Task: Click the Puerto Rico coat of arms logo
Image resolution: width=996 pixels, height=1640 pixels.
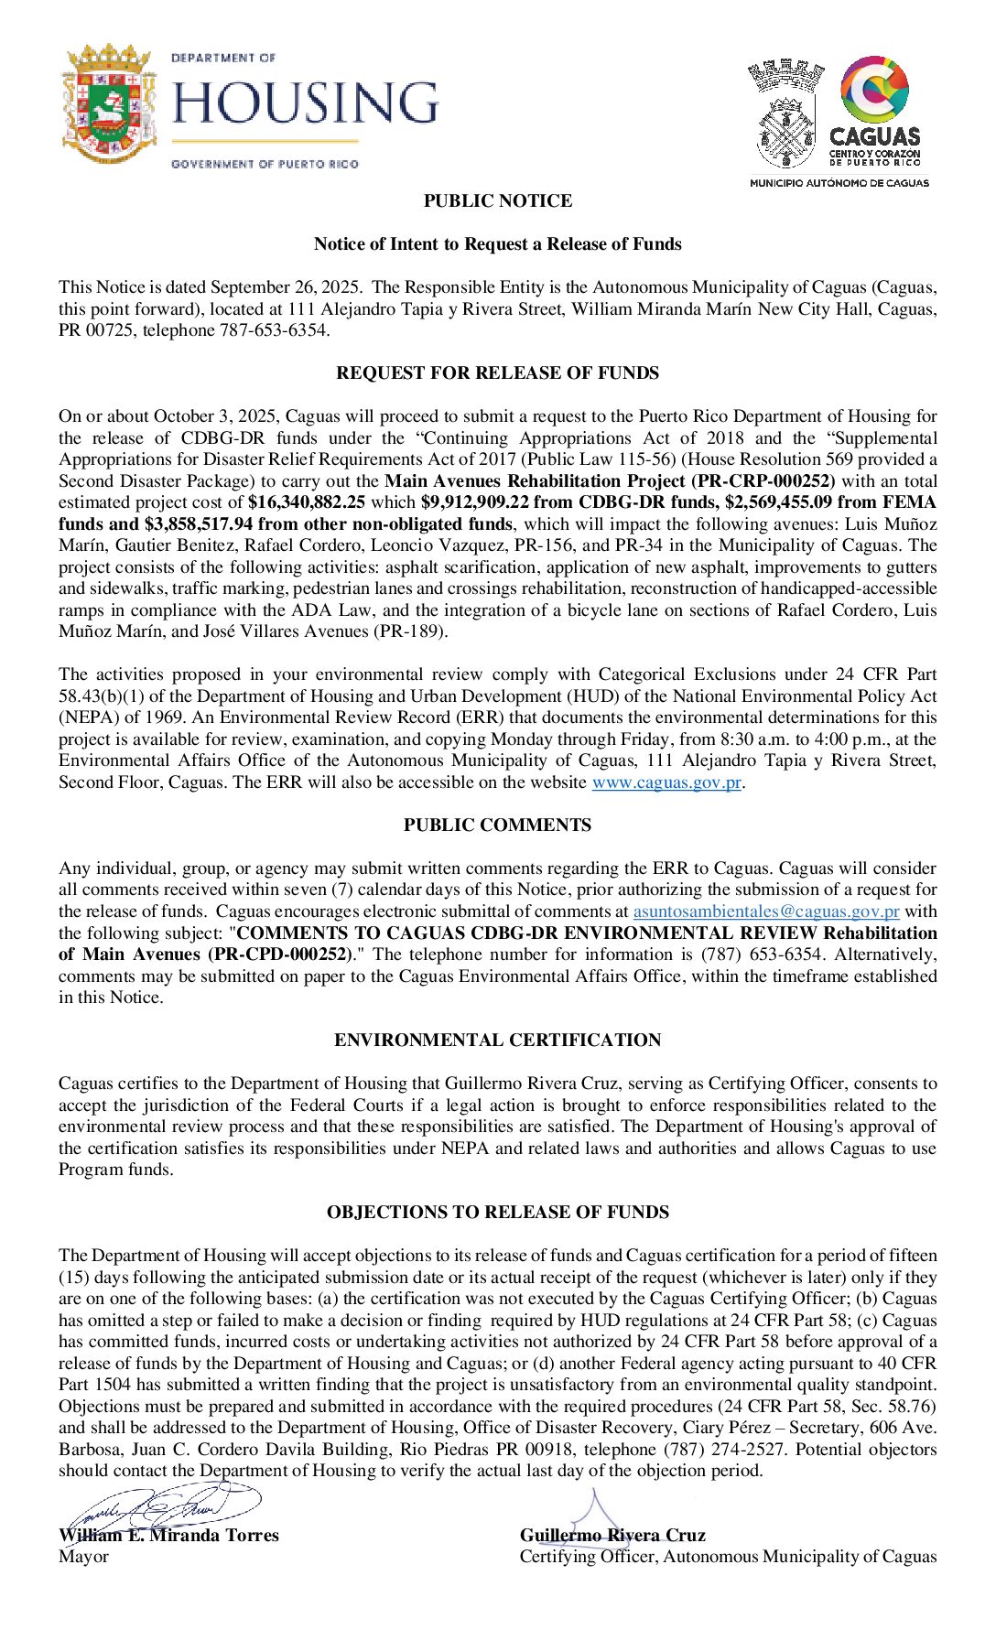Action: [108, 104]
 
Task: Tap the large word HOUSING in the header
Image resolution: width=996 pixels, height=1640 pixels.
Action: [305, 102]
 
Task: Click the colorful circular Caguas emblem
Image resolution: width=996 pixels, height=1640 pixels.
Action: [874, 89]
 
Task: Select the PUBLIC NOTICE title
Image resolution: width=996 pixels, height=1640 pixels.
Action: [498, 201]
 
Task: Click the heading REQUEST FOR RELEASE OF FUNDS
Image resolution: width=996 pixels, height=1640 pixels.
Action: [498, 373]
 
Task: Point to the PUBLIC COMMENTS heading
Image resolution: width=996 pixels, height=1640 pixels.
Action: [498, 825]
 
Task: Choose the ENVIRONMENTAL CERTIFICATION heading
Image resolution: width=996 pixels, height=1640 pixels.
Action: [498, 1041]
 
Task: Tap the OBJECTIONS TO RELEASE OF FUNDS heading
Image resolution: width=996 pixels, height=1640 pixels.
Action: [498, 1213]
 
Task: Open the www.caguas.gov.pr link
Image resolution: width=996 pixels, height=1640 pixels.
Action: [666, 782]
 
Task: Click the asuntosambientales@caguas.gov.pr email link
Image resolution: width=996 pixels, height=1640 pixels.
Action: [766, 912]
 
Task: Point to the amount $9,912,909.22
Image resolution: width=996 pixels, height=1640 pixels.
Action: [475, 502]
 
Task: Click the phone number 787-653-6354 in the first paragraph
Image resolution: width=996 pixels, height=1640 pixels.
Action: [273, 330]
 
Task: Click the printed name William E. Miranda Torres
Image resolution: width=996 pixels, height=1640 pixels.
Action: [169, 1536]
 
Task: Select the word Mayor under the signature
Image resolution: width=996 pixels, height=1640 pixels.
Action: [83, 1557]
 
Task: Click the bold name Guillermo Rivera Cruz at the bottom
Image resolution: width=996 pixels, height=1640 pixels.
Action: [612, 1536]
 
